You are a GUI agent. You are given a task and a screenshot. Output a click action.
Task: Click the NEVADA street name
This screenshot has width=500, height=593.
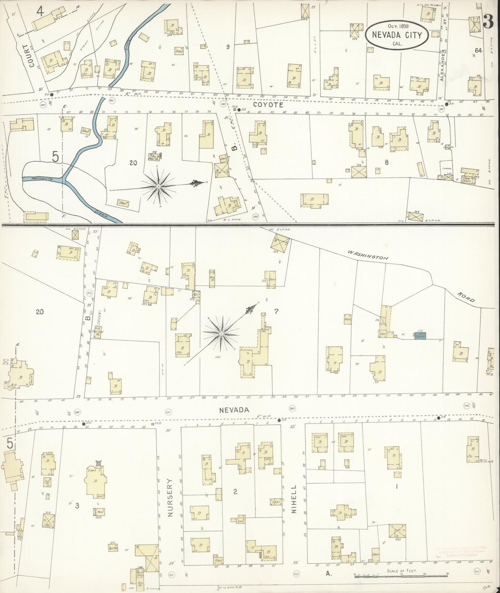pyautogui.click(x=234, y=410)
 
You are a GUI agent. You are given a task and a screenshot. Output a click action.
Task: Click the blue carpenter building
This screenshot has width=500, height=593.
pyautogui.click(x=420, y=335)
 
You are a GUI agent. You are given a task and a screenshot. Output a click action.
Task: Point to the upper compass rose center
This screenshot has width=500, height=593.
pyautogui.click(x=158, y=186)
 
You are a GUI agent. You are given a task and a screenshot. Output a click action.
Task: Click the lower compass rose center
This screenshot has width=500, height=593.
pyautogui.click(x=221, y=333)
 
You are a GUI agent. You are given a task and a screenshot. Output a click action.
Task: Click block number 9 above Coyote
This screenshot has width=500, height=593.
pyautogui.click(x=228, y=47)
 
